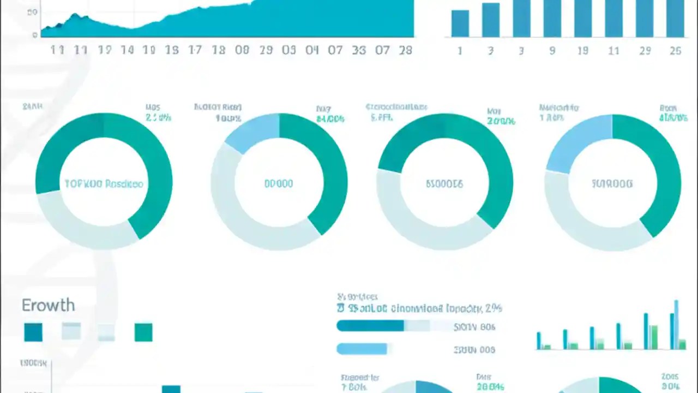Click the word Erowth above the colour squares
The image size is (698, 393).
(48, 305)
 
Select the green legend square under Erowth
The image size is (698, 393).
(143, 332)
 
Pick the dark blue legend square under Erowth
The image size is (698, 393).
(33, 332)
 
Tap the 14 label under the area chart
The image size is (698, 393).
(127, 50)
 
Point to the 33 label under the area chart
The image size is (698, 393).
(359, 50)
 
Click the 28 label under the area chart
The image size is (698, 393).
(405, 50)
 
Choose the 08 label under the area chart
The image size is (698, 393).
(242, 50)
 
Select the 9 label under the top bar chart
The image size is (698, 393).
(552, 51)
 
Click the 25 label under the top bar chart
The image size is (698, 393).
(675, 51)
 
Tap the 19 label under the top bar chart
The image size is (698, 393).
(582, 51)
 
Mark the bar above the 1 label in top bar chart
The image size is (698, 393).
(460, 23)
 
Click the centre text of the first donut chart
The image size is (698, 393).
(104, 184)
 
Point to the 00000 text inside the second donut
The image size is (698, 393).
(279, 184)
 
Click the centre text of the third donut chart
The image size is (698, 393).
(444, 184)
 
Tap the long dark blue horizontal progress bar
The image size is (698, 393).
(371, 326)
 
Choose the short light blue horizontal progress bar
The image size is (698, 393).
(362, 349)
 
